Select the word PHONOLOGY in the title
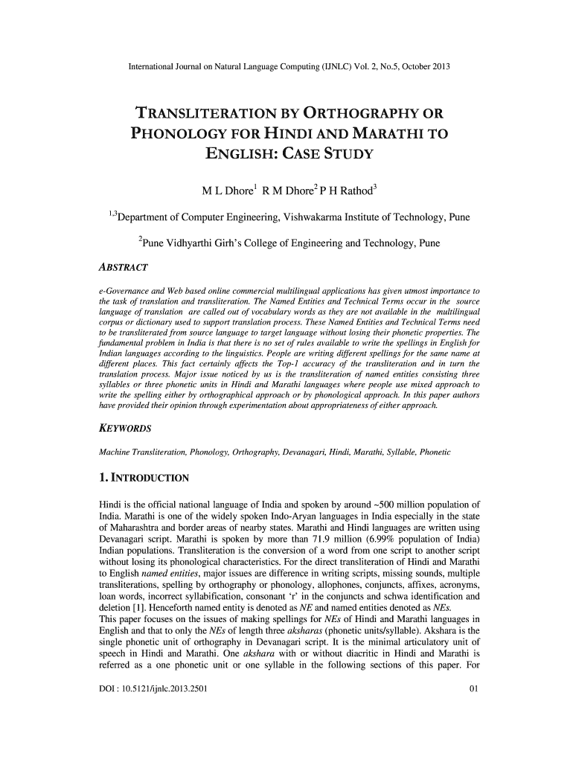click(188, 135)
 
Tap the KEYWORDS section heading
click(126, 429)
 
